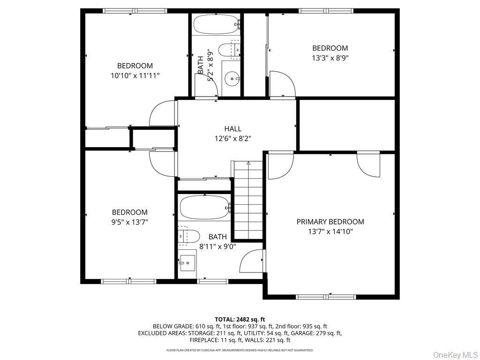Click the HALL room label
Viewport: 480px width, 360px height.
coord(232,128)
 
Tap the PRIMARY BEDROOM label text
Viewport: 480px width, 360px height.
coord(330,222)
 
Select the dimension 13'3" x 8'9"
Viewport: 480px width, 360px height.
coord(330,58)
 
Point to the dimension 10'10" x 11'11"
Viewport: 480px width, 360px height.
coord(135,75)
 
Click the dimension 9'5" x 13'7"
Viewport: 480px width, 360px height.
coord(129,222)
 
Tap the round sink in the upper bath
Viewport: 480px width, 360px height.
coord(231,79)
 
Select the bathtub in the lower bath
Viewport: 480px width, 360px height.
coord(203,207)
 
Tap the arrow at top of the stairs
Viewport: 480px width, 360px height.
coord(247,164)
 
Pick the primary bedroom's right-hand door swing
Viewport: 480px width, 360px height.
coord(368,164)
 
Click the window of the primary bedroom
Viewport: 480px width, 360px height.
coord(326,297)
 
